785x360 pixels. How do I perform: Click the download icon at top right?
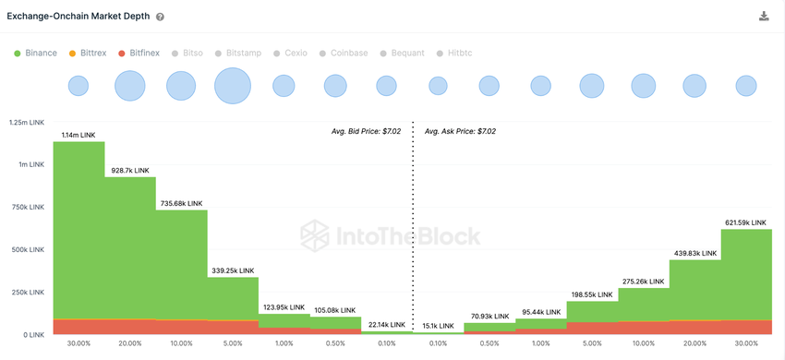(x=764, y=17)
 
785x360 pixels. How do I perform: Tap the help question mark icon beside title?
(x=160, y=18)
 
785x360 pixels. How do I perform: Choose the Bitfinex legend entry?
(x=139, y=54)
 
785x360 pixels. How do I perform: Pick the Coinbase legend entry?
(x=350, y=54)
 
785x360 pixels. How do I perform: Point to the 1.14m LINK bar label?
(x=78, y=135)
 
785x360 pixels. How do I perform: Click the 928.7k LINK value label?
(x=129, y=171)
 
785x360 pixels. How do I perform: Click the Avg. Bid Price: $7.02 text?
(x=366, y=132)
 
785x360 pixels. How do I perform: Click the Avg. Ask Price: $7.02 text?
(x=460, y=132)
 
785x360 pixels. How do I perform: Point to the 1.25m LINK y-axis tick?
(x=25, y=122)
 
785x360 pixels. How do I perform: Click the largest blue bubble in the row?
(x=233, y=86)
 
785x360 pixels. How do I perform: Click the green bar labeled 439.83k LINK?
(x=694, y=291)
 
